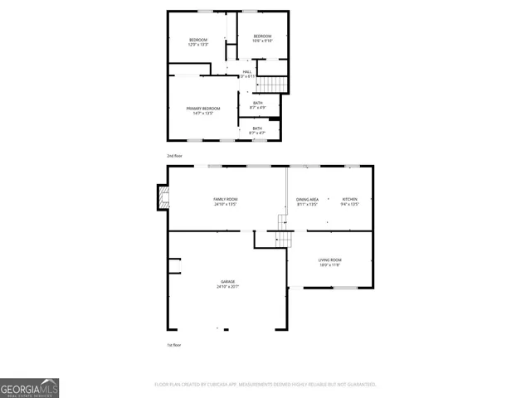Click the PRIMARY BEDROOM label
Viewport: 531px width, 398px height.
point(203,109)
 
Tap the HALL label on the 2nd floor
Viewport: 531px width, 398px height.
point(246,72)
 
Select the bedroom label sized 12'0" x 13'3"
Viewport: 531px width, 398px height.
point(197,41)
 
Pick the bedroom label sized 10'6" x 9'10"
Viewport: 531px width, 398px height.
point(262,36)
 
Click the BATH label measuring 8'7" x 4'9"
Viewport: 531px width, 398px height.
point(258,103)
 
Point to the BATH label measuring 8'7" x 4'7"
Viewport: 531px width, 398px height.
point(258,129)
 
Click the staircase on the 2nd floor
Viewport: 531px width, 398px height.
point(272,85)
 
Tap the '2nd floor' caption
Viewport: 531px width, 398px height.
point(174,155)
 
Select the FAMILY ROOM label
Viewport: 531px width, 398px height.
point(226,199)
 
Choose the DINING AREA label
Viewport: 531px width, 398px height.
point(307,200)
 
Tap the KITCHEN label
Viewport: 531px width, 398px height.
point(350,200)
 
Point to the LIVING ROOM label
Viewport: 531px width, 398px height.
point(330,260)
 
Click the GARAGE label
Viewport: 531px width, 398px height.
point(227,282)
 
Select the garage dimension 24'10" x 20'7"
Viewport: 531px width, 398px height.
point(227,287)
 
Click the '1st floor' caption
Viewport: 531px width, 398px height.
point(174,344)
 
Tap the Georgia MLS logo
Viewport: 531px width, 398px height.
point(29,388)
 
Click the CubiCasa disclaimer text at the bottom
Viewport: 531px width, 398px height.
point(265,385)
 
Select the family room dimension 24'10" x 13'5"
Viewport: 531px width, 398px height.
point(226,204)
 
